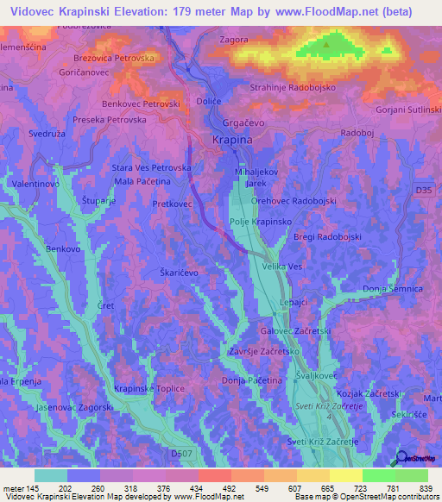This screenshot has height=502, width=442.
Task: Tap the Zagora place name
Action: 237,40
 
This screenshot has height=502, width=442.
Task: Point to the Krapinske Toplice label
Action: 149,389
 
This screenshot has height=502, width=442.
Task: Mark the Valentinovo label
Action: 35,185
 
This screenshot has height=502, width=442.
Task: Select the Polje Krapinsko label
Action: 260,222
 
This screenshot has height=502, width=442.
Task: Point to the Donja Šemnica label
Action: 391,288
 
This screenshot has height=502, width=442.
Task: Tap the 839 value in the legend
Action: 425,488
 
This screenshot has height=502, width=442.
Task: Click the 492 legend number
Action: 228,488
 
